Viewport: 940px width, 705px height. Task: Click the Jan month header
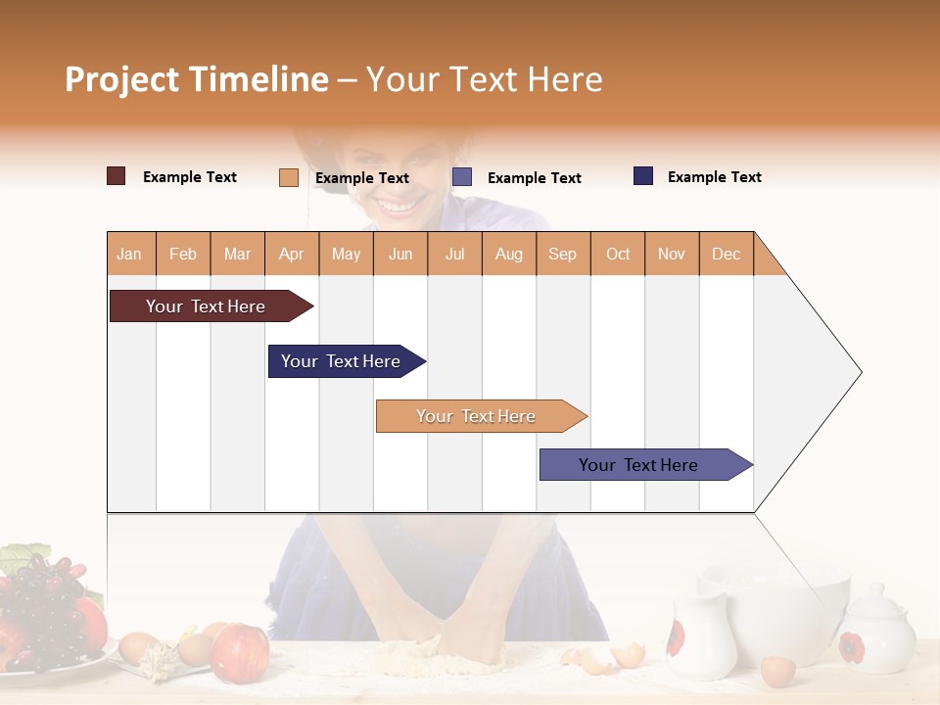pyautogui.click(x=130, y=254)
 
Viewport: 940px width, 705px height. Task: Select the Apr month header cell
pyautogui.click(x=292, y=254)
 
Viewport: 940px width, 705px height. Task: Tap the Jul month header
pyautogui.click(x=454, y=254)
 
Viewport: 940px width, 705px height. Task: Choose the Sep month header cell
pyautogui.click(x=563, y=254)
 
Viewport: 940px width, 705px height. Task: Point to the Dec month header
pyautogui.click(x=726, y=254)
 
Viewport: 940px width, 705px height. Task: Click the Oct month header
pyautogui.click(x=618, y=254)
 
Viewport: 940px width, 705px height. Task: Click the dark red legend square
pyautogui.click(x=117, y=176)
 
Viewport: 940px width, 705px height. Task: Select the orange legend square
pyautogui.click(x=289, y=177)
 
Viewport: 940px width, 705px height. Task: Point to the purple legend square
pyautogui.click(x=462, y=177)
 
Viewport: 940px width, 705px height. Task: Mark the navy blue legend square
pyautogui.click(x=643, y=176)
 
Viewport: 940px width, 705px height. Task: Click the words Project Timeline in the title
pyautogui.click(x=197, y=79)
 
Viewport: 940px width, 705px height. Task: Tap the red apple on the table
pyautogui.click(x=239, y=652)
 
